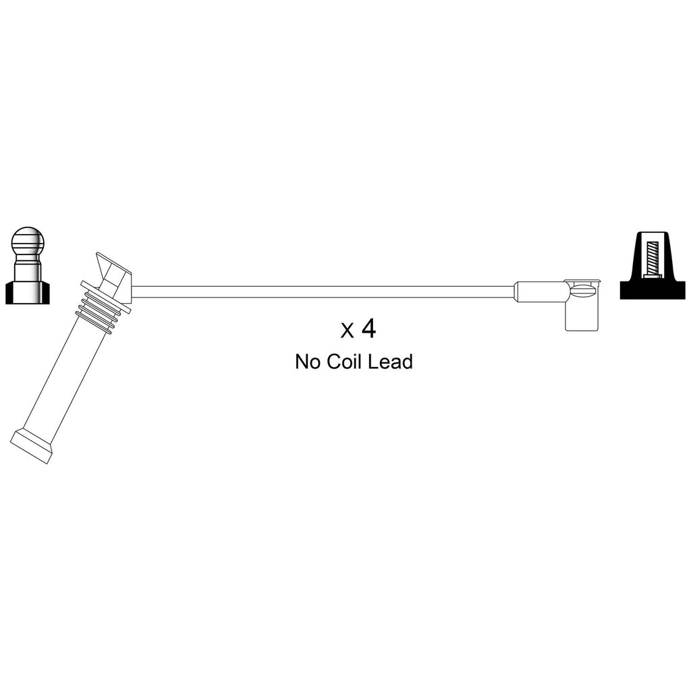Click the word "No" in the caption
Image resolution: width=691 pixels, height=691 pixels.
tap(308, 362)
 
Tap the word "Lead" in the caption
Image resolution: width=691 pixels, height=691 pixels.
tap(391, 362)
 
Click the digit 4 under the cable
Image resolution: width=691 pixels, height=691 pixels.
tap(368, 329)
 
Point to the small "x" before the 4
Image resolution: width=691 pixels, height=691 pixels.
tap(347, 331)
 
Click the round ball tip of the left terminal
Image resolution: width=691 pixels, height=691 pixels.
tap(28, 241)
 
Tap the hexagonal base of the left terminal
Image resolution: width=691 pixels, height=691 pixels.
tap(27, 292)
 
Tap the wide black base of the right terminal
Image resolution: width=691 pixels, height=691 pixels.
tap(653, 289)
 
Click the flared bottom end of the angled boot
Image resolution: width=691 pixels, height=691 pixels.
tap(32, 446)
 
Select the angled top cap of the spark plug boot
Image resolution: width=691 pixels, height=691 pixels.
tap(113, 277)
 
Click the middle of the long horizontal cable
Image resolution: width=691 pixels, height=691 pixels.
tap(323, 292)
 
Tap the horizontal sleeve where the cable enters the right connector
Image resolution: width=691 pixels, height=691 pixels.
tap(541, 292)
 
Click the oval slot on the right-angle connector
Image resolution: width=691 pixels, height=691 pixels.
tap(582, 292)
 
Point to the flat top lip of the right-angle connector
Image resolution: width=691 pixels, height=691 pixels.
tap(582, 280)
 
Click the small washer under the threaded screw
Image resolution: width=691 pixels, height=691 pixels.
tap(653, 276)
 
